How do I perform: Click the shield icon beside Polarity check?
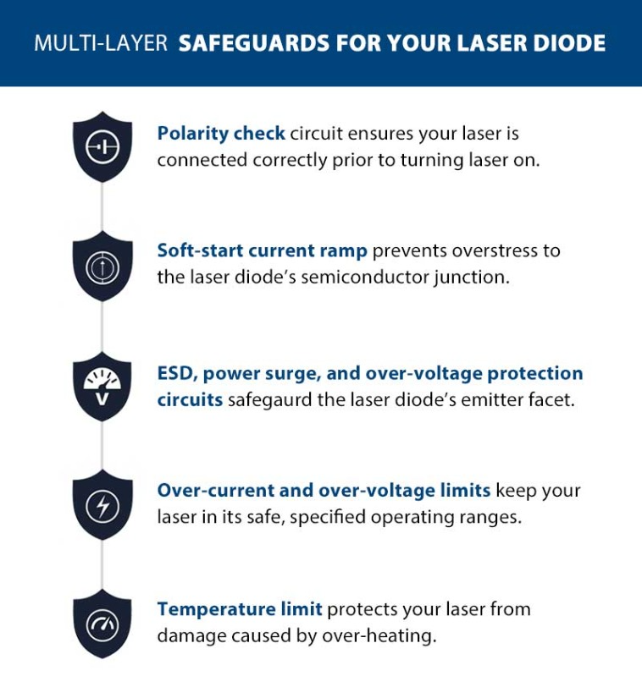coord(102,146)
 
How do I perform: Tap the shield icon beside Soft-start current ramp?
coord(102,267)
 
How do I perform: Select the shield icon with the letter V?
coord(102,387)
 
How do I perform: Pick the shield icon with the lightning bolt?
coord(102,505)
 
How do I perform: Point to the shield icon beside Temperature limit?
coord(102,624)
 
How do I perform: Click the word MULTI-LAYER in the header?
coord(101,44)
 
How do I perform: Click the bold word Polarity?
coord(192,134)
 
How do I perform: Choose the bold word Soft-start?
coord(200,250)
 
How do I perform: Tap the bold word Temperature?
coord(217,609)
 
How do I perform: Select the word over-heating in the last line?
coord(379,635)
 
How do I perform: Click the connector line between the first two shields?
coord(102,206)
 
